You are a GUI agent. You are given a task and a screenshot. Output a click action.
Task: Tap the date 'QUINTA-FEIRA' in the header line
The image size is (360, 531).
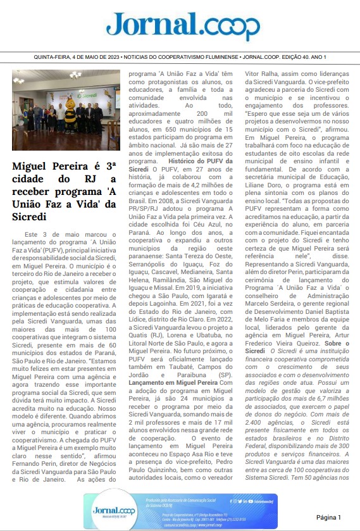53,57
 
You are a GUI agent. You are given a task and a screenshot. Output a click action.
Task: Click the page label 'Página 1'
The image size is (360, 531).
328,518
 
